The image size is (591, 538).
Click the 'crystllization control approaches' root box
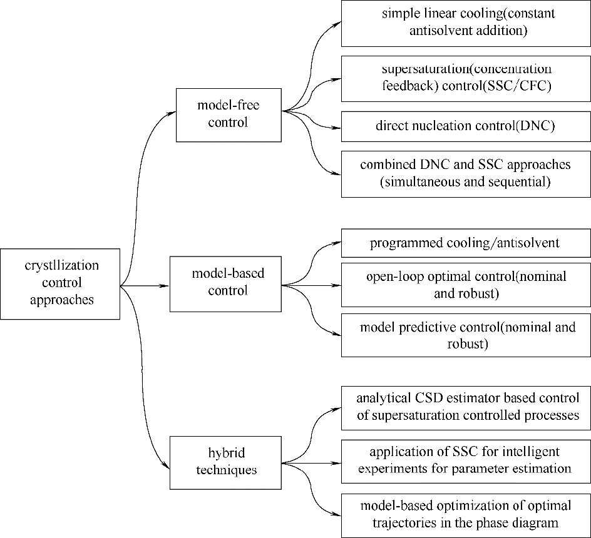pos(60,283)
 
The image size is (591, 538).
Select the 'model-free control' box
pos(229,114)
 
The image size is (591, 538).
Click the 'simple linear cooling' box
pos(465,23)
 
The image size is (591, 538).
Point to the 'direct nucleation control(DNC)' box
pos(465,126)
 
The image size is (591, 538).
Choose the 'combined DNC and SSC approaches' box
pos(465,173)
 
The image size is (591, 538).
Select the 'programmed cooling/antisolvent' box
pos(465,243)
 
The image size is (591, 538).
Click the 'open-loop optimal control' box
pos(465,285)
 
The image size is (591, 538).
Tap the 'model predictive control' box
pos(465,335)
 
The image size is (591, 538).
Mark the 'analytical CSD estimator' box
pos(465,407)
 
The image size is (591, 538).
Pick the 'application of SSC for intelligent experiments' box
pos(465,460)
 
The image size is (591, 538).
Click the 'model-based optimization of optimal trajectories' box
pos(465,515)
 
